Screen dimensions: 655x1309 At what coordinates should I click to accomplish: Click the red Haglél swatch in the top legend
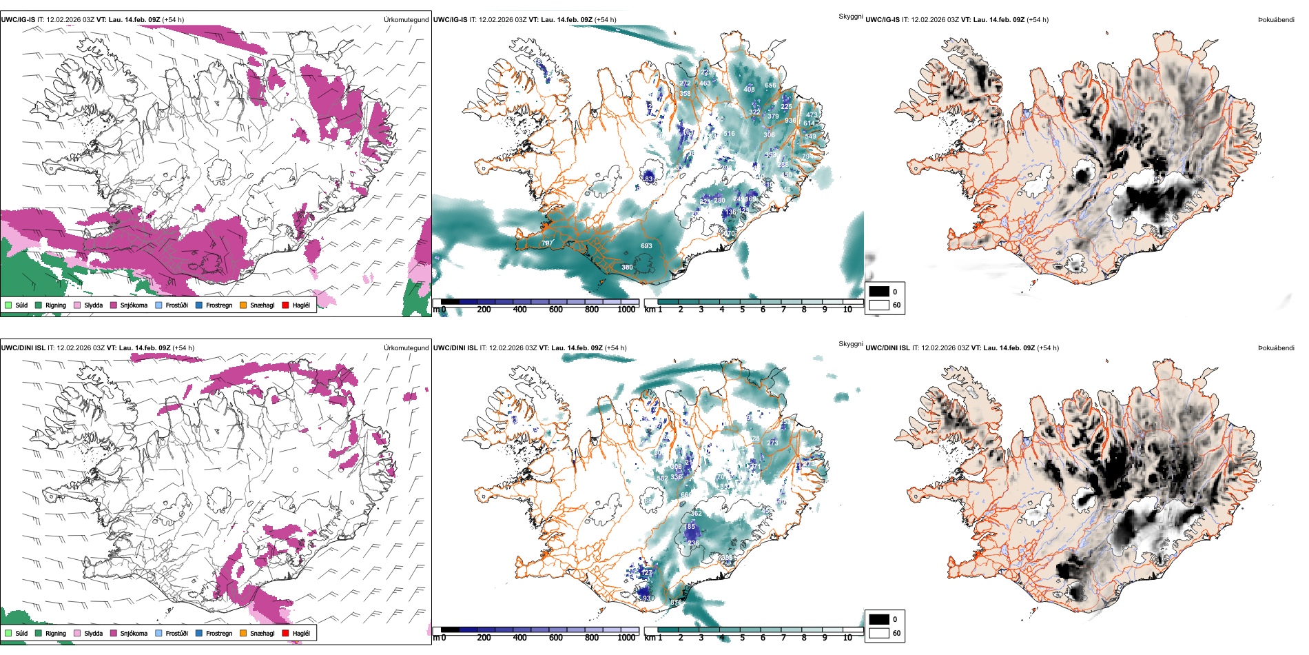285,305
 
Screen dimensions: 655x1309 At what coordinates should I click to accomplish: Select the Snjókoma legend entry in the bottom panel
134,633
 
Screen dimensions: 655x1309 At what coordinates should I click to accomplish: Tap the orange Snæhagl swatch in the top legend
243,305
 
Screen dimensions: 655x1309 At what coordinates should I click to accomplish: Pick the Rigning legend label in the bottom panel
56,633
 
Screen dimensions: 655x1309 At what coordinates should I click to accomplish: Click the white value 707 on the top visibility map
547,243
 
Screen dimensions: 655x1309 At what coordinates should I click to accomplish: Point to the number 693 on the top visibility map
646,246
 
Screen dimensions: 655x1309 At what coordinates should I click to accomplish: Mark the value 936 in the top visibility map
790,121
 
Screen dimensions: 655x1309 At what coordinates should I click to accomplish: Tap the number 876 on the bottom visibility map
676,603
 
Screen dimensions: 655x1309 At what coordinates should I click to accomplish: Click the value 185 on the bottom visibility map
690,527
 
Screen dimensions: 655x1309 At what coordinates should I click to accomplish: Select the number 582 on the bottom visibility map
662,478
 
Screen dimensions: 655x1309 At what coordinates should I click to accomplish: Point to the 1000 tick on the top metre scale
626,310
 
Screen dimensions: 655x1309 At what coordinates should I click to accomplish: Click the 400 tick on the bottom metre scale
520,638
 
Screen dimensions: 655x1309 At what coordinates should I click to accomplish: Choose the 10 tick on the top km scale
847,310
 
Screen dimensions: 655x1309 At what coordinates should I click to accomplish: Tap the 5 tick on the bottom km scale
742,638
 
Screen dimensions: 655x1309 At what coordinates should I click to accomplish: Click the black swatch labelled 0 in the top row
878,292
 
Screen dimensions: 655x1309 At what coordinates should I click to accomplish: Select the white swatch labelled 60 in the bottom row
878,633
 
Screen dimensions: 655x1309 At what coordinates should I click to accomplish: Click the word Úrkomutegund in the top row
406,20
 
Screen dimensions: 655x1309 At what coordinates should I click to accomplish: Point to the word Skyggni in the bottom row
850,344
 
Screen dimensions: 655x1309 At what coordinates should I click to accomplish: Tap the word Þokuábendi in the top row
1276,20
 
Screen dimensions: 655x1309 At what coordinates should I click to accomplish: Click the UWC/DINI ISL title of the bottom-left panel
23,347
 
